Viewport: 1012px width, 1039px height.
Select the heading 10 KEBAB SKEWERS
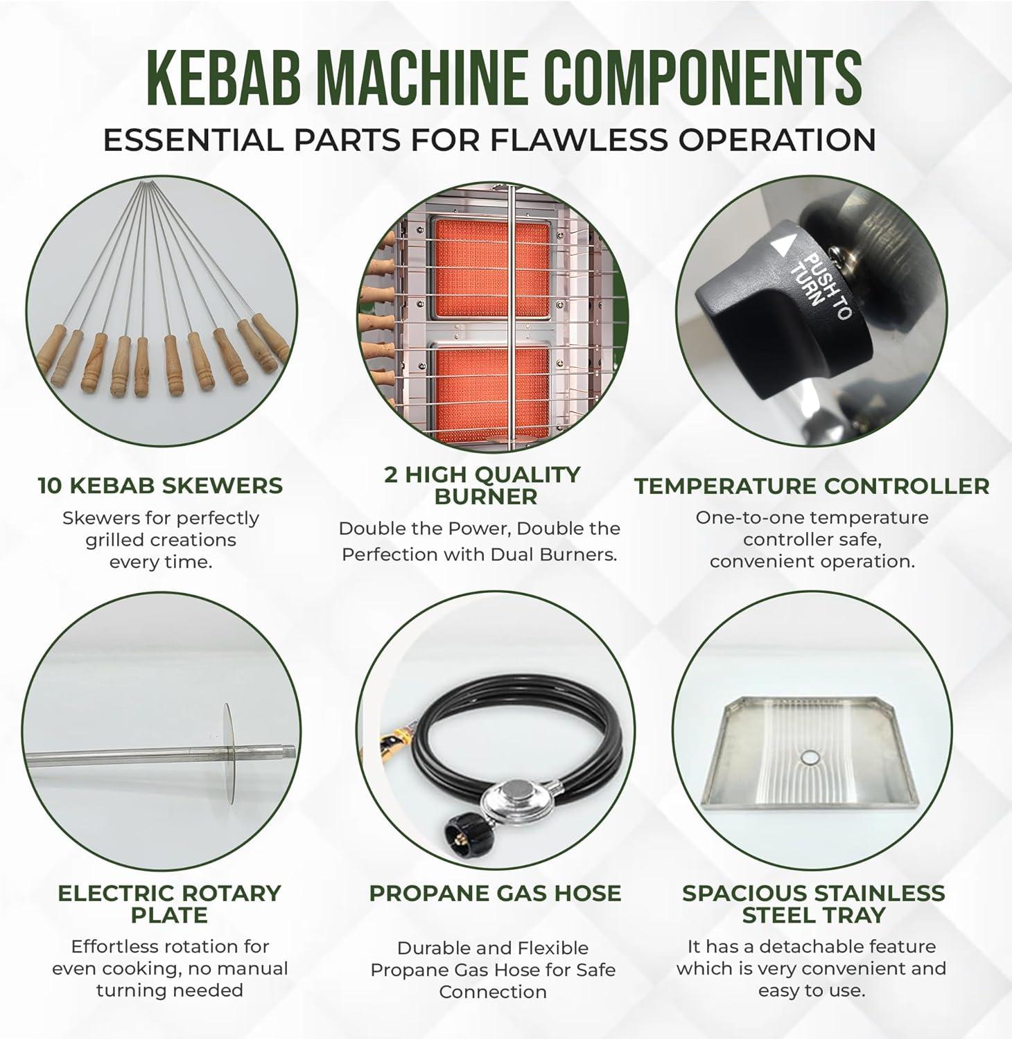pyautogui.click(x=160, y=486)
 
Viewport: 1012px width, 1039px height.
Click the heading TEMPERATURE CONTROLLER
pyautogui.click(x=812, y=486)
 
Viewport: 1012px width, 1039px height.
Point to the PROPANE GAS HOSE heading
pyautogui.click(x=495, y=893)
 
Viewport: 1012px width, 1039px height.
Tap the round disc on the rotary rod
pyautogui.click(x=227, y=754)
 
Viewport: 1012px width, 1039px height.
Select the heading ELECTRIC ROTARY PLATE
pyautogui.click(x=169, y=904)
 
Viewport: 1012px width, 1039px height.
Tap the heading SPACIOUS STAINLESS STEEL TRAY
pyautogui.click(x=813, y=904)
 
